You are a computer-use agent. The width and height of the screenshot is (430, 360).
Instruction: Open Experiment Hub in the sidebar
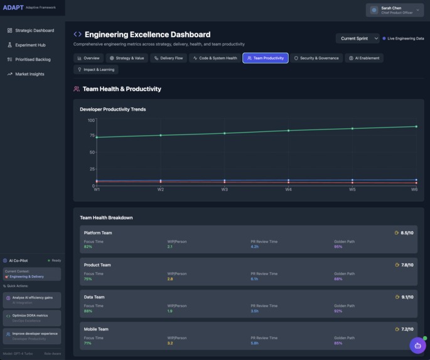tap(30, 45)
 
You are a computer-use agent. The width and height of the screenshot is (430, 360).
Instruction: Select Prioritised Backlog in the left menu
tap(33, 60)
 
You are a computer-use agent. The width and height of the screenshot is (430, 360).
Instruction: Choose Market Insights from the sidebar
tap(30, 74)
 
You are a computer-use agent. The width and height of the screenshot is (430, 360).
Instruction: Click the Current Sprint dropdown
tap(357, 38)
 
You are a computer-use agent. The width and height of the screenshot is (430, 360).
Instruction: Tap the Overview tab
tap(89, 58)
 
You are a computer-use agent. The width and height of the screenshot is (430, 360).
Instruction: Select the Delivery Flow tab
tap(168, 58)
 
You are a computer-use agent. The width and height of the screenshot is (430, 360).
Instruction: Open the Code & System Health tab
tap(215, 58)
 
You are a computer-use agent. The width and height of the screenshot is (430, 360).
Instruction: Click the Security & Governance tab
tap(316, 58)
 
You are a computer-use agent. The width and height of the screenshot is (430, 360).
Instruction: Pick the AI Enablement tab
tap(365, 58)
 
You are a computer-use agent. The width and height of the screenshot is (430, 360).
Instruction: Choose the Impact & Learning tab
tap(95, 70)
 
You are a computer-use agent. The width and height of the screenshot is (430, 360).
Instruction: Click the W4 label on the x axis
tap(288, 189)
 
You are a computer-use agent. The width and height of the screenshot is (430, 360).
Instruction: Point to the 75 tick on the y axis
tap(91, 135)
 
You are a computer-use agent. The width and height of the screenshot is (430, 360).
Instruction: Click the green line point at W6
tap(416, 126)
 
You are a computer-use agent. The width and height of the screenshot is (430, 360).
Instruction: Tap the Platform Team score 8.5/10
tap(407, 232)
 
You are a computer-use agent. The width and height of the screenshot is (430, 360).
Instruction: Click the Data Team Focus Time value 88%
tap(88, 311)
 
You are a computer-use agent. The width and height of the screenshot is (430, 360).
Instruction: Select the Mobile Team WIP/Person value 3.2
tap(170, 343)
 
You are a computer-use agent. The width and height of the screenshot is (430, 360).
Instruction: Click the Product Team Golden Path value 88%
tap(338, 279)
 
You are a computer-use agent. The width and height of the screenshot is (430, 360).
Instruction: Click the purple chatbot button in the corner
tap(417, 345)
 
